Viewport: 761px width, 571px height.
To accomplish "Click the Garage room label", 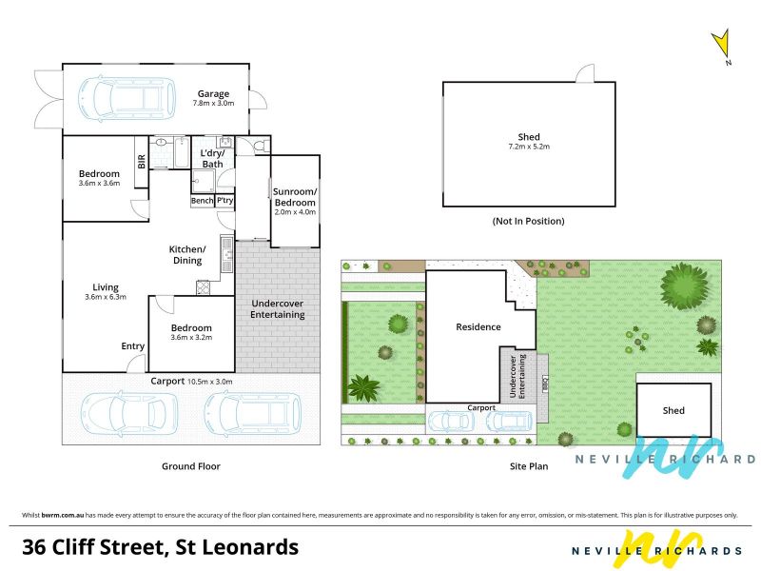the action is click(213, 93).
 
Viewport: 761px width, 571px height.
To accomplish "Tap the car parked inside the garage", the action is click(127, 100).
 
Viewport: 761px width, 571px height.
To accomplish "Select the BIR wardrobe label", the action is click(141, 162).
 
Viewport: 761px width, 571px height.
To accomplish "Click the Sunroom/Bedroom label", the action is click(295, 197).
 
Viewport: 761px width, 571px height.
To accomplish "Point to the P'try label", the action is click(224, 200).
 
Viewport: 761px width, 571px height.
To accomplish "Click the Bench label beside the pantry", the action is click(203, 201).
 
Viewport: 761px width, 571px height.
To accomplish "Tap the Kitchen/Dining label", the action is click(187, 254).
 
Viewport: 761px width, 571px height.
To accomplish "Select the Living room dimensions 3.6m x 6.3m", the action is click(106, 297).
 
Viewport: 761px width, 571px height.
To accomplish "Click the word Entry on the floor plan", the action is click(133, 345).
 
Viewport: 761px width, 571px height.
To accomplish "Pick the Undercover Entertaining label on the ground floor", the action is click(278, 308).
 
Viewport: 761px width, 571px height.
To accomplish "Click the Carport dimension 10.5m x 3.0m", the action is click(208, 382).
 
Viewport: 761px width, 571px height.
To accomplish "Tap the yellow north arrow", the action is click(721, 43).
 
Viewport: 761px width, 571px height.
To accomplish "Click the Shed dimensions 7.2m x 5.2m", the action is click(529, 147).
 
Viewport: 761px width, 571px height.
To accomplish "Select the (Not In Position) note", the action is click(529, 221).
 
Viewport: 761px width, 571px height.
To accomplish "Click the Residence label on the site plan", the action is click(478, 326).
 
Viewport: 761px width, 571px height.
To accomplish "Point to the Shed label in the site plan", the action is click(673, 410).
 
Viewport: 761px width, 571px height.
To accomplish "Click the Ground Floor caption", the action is click(191, 466).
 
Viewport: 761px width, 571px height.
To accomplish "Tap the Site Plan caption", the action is click(529, 466).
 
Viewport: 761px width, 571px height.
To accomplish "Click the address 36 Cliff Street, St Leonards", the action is click(160, 547).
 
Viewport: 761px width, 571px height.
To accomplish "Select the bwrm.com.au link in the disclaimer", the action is click(63, 515).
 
